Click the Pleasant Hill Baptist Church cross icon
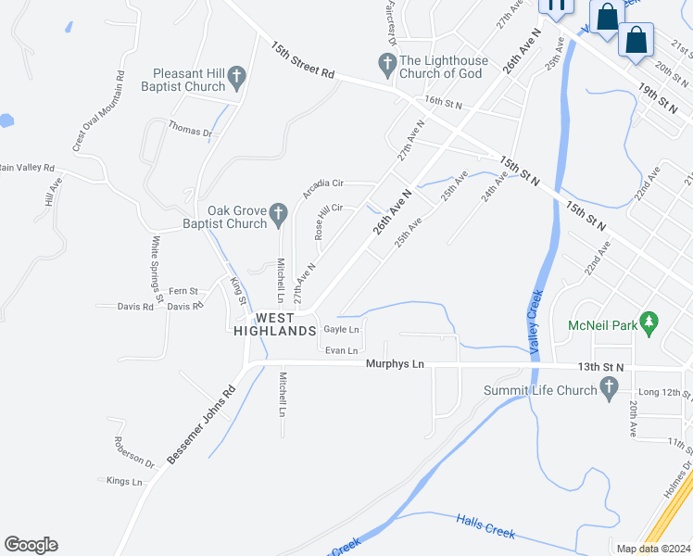236,76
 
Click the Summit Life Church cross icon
609,391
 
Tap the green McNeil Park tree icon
649,322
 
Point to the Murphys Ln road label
395,364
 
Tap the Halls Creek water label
485,530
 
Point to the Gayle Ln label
341,330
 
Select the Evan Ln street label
341,350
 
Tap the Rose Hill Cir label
329,222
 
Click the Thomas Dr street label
190,132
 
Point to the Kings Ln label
125,481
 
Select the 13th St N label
599,367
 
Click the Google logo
31,545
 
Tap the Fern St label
183,291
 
